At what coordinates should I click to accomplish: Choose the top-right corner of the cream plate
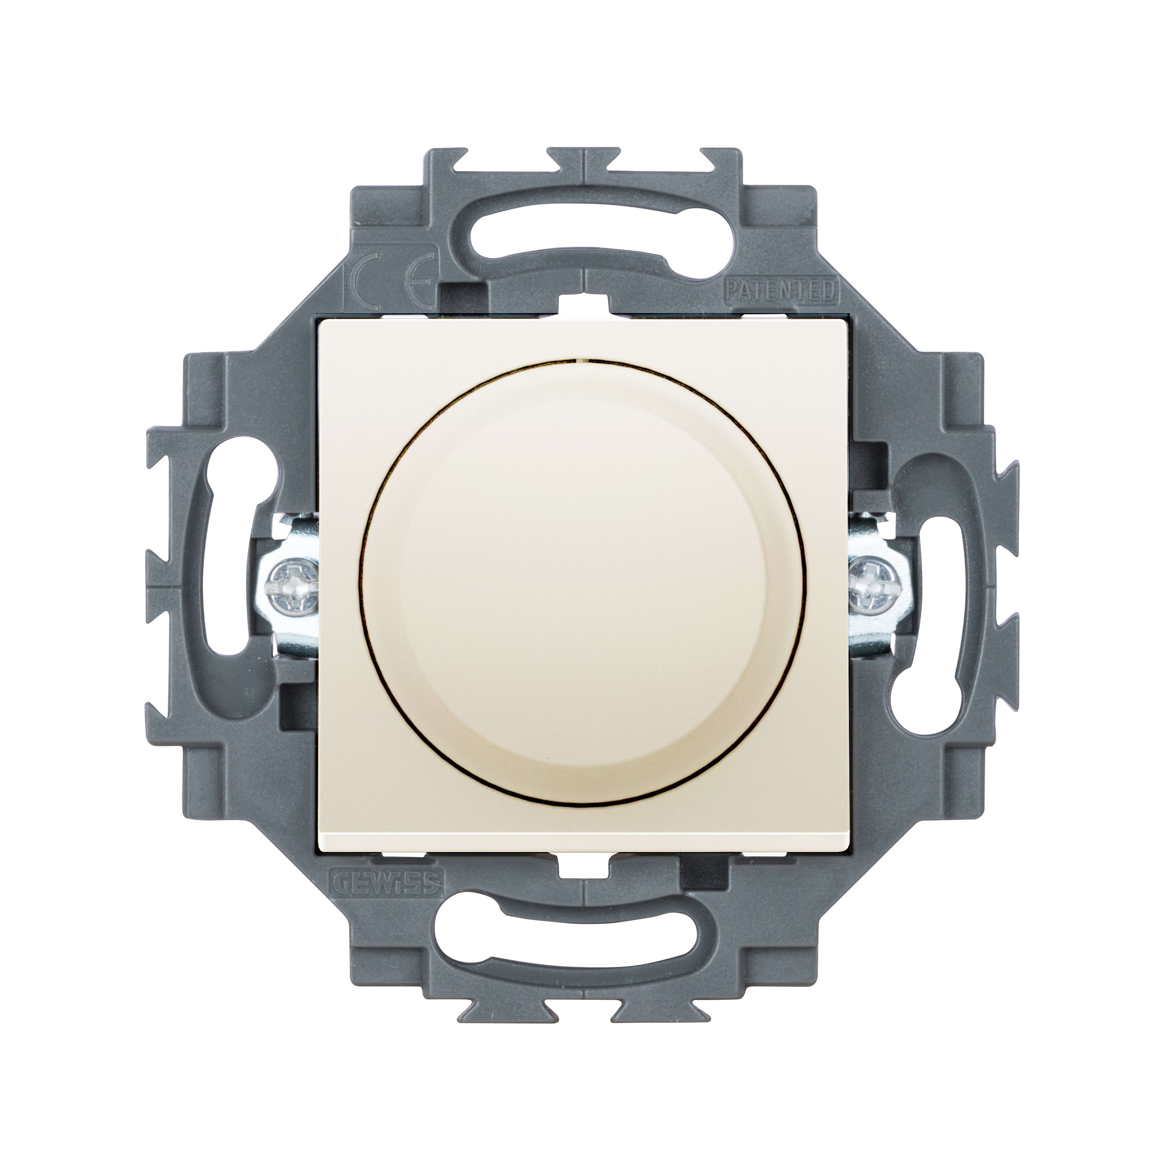847,319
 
